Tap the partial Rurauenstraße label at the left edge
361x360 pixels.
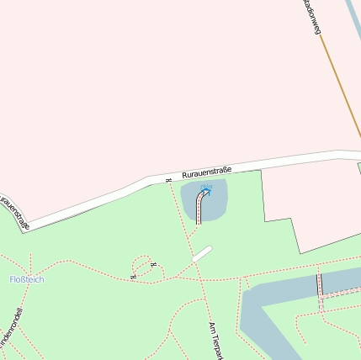(14, 213)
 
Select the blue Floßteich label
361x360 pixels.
(26, 279)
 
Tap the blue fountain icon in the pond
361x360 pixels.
(206, 190)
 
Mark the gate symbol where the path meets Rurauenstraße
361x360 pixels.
(168, 179)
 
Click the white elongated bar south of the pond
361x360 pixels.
(202, 253)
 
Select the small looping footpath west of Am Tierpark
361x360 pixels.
(143, 267)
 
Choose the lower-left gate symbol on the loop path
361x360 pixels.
(133, 275)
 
